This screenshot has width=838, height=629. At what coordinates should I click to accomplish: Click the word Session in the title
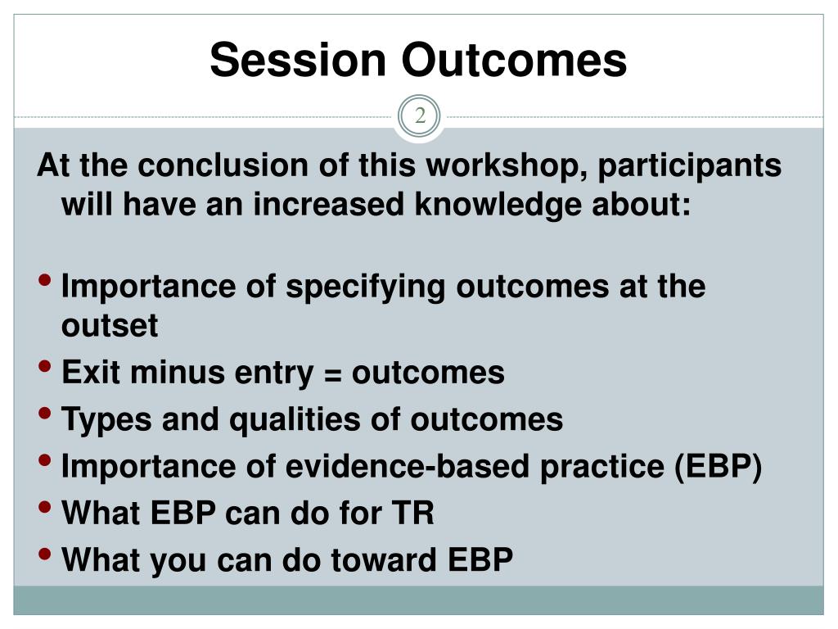point(298,60)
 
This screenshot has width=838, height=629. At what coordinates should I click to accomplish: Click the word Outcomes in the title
point(514,60)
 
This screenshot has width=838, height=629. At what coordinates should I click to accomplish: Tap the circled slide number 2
point(420,116)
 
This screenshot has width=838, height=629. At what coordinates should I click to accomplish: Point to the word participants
point(689,166)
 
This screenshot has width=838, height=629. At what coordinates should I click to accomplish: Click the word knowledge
point(498,206)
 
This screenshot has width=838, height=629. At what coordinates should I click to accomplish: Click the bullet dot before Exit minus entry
point(45,366)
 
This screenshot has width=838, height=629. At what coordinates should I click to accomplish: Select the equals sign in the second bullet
point(332,374)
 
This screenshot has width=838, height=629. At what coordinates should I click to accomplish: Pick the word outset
point(110,326)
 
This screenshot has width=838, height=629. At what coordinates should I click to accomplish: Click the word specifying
point(366,287)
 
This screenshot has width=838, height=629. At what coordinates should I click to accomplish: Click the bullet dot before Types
point(45,413)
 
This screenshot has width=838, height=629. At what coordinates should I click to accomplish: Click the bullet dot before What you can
point(45,553)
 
